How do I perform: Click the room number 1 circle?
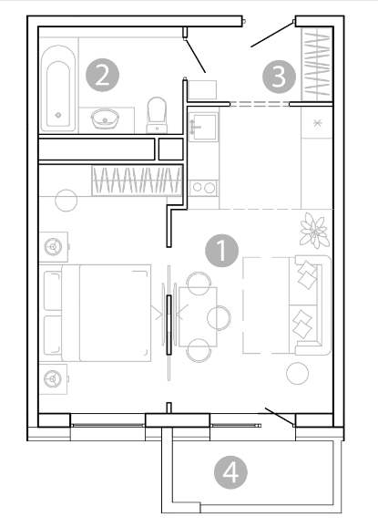[x=222, y=251]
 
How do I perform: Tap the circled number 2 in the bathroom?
[x=102, y=75]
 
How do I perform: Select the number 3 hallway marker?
[x=279, y=77]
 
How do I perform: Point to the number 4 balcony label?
[x=230, y=472]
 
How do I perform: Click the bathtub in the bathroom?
[x=58, y=88]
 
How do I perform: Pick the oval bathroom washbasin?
[x=105, y=119]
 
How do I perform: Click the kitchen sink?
[x=203, y=127]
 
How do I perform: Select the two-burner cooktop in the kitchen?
[x=203, y=188]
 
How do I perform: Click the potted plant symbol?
[x=314, y=231]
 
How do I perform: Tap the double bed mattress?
[x=106, y=313]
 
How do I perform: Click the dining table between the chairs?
[x=198, y=316]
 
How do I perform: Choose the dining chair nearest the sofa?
[x=219, y=317]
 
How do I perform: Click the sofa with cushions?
[x=310, y=305]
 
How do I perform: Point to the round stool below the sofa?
[x=298, y=373]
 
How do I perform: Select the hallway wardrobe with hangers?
[x=317, y=64]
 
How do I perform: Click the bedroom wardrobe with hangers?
[x=138, y=181]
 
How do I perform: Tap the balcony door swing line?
[x=280, y=416]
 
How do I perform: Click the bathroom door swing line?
[x=196, y=57]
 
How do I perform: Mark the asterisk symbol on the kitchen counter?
[x=317, y=123]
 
